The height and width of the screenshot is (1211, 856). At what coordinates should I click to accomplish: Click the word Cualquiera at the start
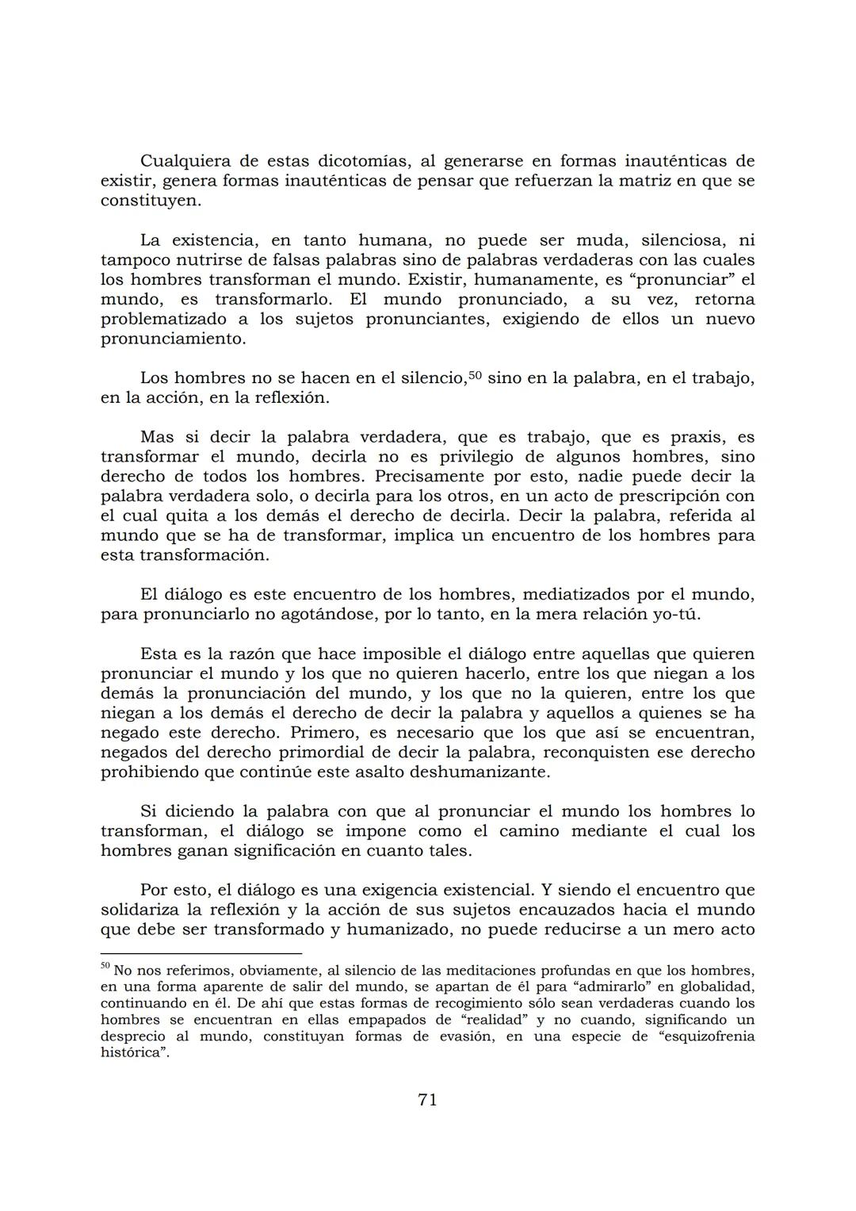click(184, 161)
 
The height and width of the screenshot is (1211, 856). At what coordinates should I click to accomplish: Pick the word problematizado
click(163, 319)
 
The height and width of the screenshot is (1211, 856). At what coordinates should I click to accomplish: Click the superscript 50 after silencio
click(475, 375)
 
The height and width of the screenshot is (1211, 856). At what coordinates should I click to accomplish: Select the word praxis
click(689, 437)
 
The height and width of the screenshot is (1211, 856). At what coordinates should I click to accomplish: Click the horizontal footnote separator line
click(201, 952)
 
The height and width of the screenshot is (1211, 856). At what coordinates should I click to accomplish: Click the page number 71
click(427, 1099)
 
